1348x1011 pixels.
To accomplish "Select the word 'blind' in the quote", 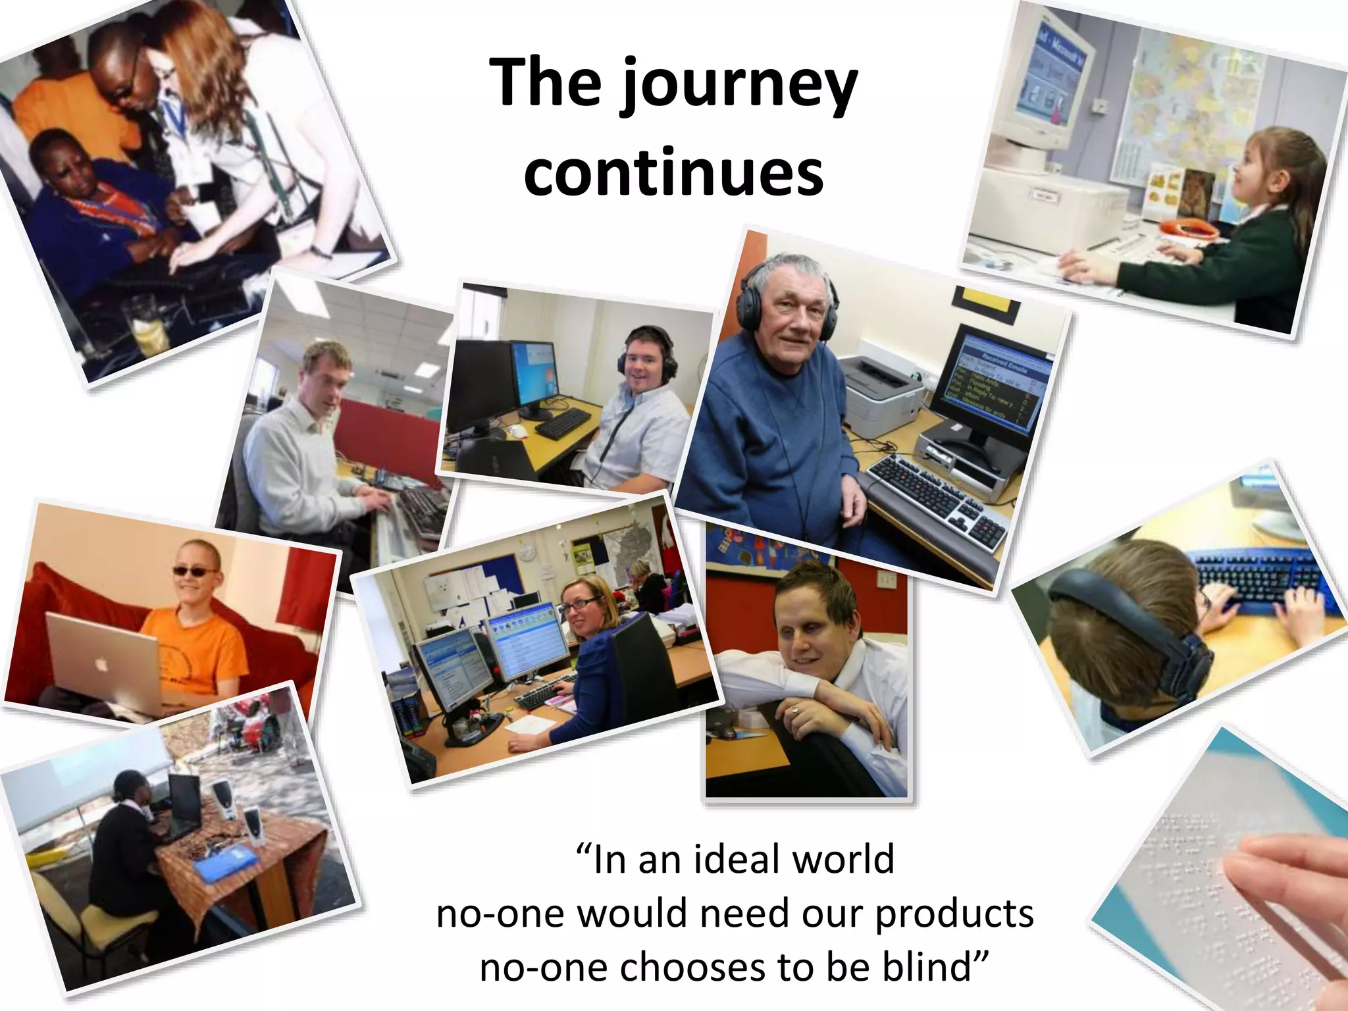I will [x=932, y=966].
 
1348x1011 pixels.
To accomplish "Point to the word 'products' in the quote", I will [x=954, y=914].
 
